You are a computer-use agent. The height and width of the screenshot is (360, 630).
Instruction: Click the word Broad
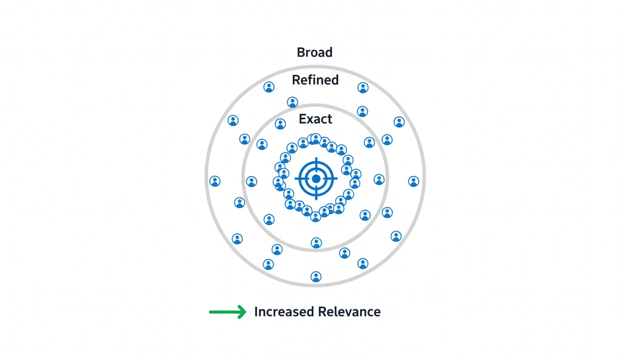point(315,52)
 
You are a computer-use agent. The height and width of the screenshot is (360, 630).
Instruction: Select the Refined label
point(315,80)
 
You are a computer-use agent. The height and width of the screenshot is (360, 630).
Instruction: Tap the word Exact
point(315,119)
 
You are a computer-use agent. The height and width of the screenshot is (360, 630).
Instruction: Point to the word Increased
point(284,312)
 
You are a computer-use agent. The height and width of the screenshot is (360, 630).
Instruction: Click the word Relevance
point(349,312)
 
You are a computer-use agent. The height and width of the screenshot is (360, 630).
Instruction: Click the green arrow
point(228,312)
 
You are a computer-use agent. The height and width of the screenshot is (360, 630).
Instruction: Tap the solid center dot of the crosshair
point(316,179)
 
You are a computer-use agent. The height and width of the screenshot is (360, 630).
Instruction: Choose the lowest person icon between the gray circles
point(316,277)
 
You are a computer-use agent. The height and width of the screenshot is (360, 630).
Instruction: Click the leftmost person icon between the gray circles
point(215,181)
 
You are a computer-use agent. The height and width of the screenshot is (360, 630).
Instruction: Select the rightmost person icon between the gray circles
point(413,181)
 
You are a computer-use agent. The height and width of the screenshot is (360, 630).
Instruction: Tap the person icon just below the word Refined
point(292,102)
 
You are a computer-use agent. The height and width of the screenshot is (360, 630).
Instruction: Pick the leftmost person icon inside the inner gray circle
point(252,181)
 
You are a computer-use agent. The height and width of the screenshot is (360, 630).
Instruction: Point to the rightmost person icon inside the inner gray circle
point(379,179)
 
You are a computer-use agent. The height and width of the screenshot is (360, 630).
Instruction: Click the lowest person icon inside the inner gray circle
point(316,243)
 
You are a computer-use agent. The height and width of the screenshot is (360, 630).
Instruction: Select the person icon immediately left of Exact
point(280,124)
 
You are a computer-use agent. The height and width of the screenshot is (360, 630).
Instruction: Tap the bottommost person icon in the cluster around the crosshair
point(316,216)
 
